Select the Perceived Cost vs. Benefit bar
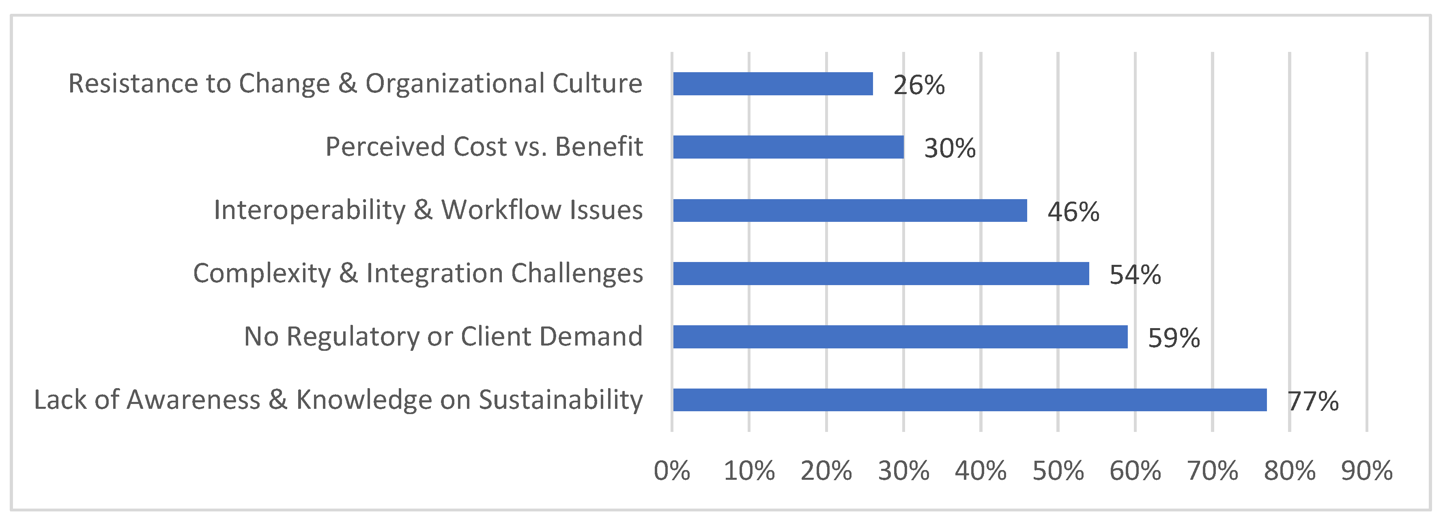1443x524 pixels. click(x=788, y=147)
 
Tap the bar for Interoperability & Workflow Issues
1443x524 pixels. click(x=850, y=210)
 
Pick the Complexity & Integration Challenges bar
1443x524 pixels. click(x=881, y=274)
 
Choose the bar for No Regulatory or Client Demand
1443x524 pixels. click(x=900, y=337)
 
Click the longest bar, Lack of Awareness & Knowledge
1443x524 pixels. click(x=970, y=400)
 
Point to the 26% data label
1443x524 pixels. click(x=919, y=86)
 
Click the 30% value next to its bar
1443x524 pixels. click(x=949, y=149)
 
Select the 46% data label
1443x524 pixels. click(x=1073, y=212)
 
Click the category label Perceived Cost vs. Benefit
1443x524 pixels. click(x=484, y=147)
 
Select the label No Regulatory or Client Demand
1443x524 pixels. click(x=443, y=337)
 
